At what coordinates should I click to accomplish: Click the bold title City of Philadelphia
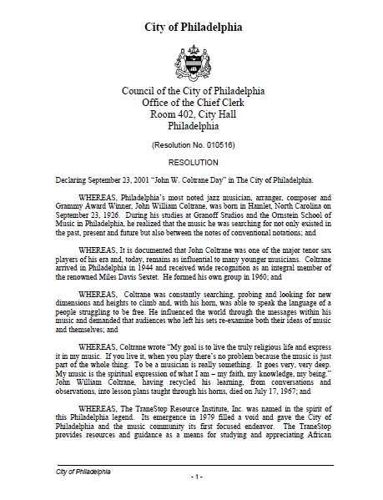pos(191,27)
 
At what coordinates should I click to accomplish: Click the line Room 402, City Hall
pos(191,116)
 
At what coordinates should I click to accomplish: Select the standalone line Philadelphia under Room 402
pos(191,129)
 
